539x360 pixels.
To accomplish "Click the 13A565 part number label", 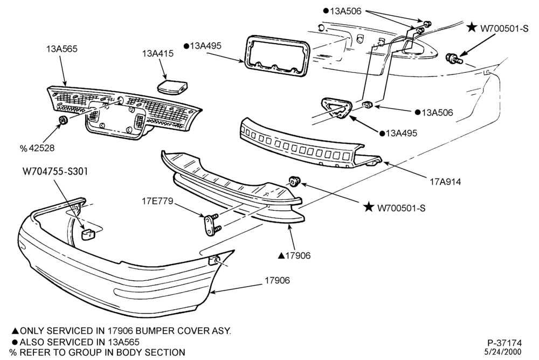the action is click(62, 49).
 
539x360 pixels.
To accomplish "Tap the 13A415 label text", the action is click(158, 54).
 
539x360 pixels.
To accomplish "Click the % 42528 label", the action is click(37, 148).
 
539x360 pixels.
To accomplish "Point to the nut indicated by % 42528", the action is click(63, 120).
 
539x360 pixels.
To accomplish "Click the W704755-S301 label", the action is click(55, 171).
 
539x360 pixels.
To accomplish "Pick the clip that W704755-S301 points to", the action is click(88, 235).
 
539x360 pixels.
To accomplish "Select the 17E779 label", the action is click(157, 201).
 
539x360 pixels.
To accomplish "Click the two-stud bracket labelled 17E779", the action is click(212, 224).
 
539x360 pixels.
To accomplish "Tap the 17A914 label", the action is click(445, 181).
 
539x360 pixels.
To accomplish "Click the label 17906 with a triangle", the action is click(294, 255).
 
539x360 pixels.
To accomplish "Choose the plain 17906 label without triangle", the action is click(278, 280).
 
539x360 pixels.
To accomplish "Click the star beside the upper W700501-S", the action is click(472, 27).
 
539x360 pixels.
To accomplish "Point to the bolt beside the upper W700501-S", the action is click(453, 59).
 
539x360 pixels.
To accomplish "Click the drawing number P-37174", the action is click(505, 343).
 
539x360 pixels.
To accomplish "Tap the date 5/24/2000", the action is click(502, 352).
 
